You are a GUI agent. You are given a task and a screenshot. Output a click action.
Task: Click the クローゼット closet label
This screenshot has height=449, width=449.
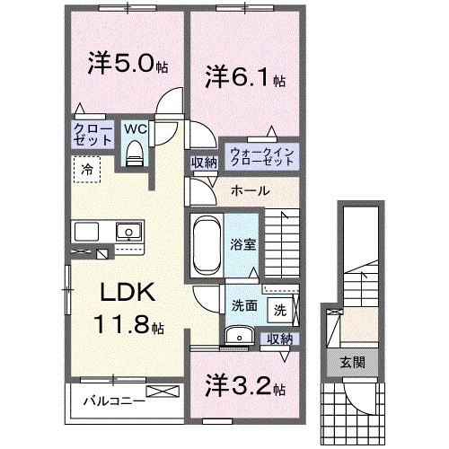click(x=92, y=136)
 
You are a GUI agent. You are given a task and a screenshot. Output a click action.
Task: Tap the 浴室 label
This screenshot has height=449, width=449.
click(x=242, y=243)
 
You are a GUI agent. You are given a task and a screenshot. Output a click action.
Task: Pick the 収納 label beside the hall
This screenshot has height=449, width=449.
click(x=203, y=163)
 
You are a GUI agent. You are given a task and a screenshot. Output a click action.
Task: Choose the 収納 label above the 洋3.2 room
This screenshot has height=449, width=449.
click(x=279, y=339)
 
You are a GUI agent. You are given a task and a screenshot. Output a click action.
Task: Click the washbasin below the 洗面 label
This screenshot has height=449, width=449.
click(x=237, y=335)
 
